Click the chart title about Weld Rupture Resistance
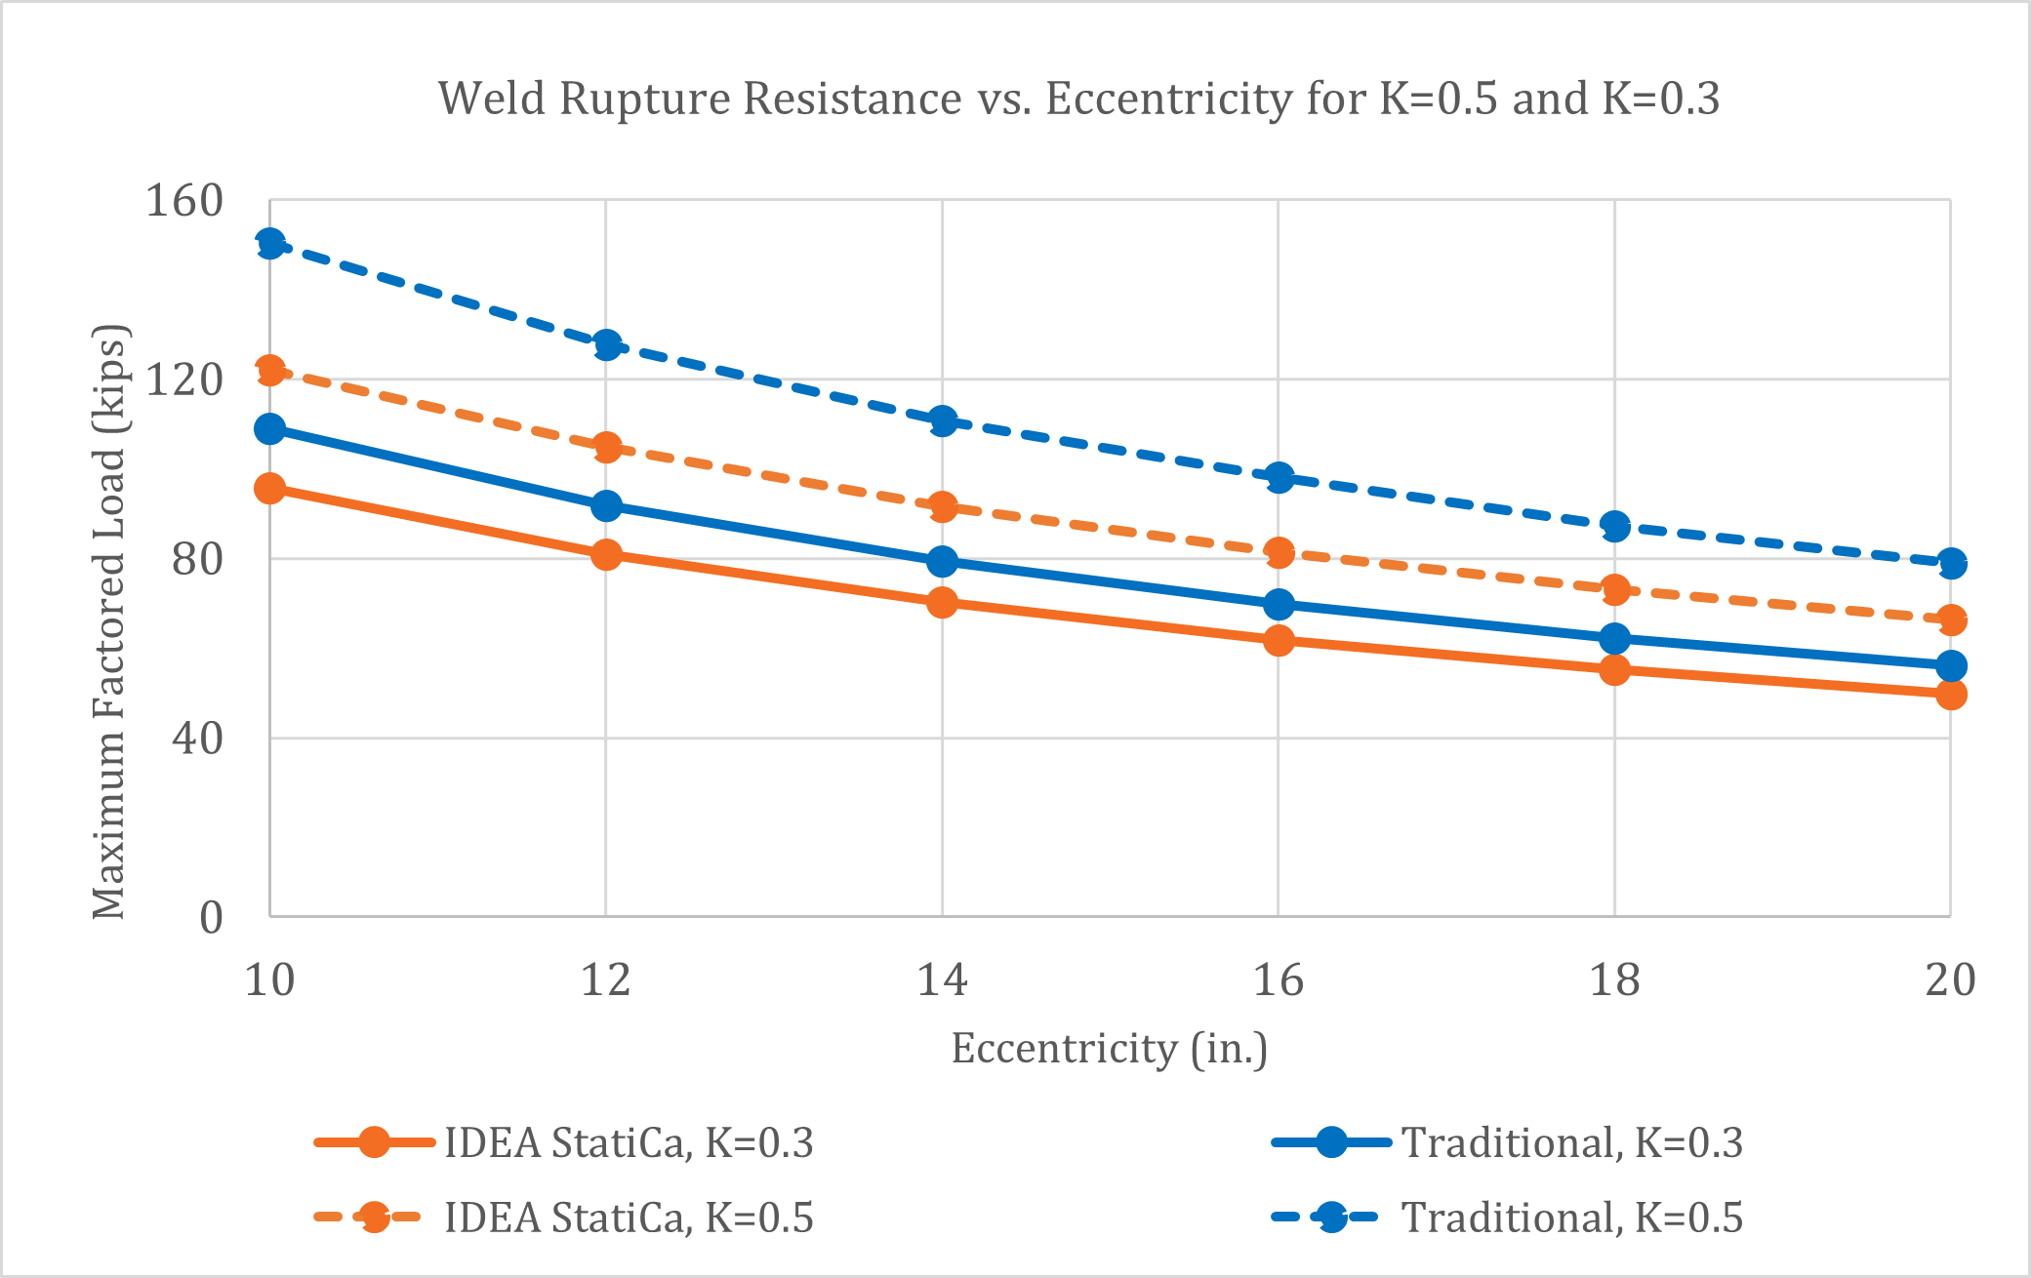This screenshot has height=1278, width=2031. coord(1078,99)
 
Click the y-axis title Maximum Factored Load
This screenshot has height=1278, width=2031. coord(109,621)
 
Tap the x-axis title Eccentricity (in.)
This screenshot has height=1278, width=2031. coord(1110,1049)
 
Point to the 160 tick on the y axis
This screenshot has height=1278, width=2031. coord(184,201)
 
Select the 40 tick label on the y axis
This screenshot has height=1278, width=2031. coord(197,738)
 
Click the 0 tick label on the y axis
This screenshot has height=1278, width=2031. coord(211,917)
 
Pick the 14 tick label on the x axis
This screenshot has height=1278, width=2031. coord(942,978)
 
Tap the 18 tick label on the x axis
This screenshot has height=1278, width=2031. coord(1614,978)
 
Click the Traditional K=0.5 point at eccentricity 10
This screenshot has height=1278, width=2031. coord(270,244)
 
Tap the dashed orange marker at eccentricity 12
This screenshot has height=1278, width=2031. coord(606,448)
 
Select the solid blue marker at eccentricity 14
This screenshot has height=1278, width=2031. coord(942,562)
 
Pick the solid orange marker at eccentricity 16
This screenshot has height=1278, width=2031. coord(1279,640)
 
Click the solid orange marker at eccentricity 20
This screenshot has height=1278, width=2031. coord(1950,695)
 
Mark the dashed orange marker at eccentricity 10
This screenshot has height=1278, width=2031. coord(270,370)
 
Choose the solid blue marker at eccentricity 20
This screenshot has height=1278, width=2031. coord(1950,666)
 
